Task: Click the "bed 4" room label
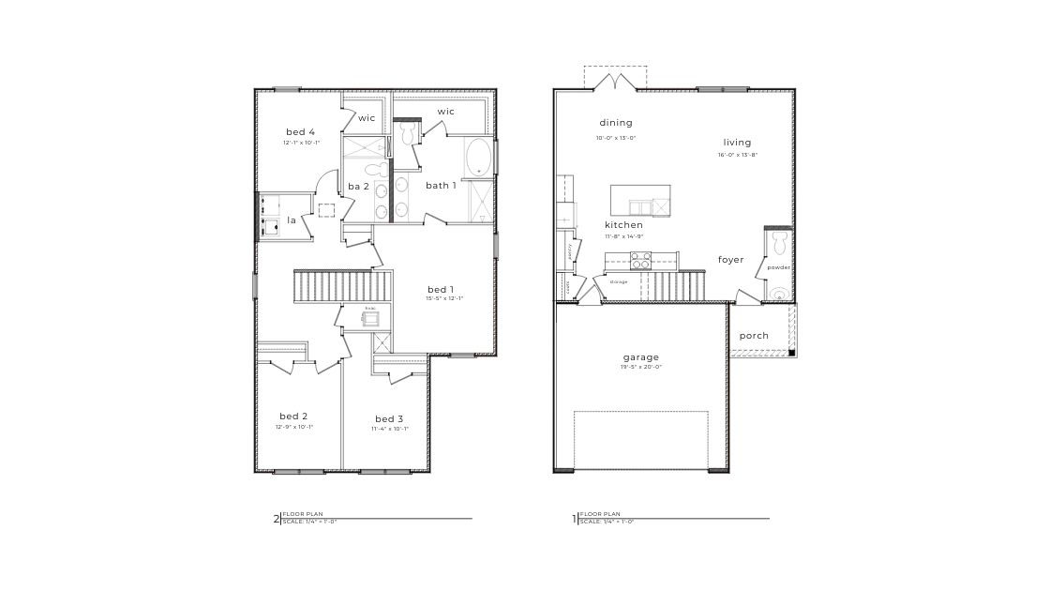pyautogui.click(x=300, y=131)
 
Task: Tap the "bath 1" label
pyautogui.click(x=441, y=186)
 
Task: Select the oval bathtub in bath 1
pyautogui.click(x=478, y=158)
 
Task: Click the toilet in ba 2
pyautogui.click(x=373, y=170)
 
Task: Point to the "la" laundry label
pyautogui.click(x=292, y=220)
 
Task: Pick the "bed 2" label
pyautogui.click(x=293, y=416)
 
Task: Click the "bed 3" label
pyautogui.click(x=389, y=418)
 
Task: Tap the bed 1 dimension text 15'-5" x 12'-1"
pyautogui.click(x=444, y=298)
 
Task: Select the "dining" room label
pyautogui.click(x=616, y=123)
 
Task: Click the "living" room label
pyautogui.click(x=737, y=143)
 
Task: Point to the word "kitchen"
pyautogui.click(x=623, y=225)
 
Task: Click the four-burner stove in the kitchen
pyautogui.click(x=641, y=263)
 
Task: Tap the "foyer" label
pyautogui.click(x=731, y=260)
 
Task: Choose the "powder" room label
pyautogui.click(x=778, y=267)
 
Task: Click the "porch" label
pyautogui.click(x=754, y=336)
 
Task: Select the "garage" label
pyautogui.click(x=641, y=356)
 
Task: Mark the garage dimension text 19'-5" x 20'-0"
pyautogui.click(x=641, y=368)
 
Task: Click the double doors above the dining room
pyautogui.click(x=616, y=83)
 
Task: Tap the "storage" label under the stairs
pyautogui.click(x=618, y=281)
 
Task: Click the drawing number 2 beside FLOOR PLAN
pyautogui.click(x=276, y=519)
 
